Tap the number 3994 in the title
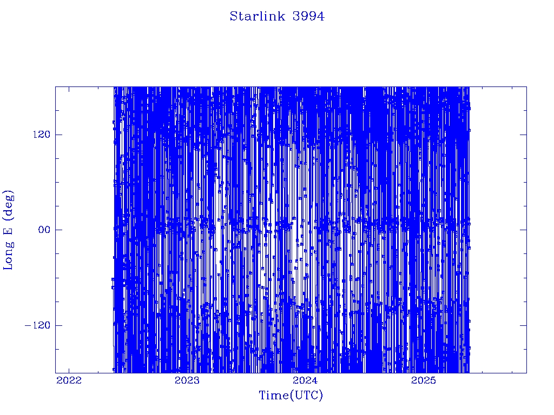point(308,16)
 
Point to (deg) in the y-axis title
point(9,203)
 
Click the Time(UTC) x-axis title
point(291,395)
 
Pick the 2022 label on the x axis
point(69,380)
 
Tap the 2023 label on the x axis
point(187,380)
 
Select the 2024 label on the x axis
point(306,380)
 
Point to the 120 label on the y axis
point(42,135)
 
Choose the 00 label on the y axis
point(44,230)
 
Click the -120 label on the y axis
point(37,325)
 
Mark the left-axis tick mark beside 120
point(58,135)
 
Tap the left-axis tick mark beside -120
point(58,325)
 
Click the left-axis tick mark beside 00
point(58,230)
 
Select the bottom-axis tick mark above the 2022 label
point(69,370)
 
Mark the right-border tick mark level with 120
point(523,135)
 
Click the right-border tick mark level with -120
point(523,325)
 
